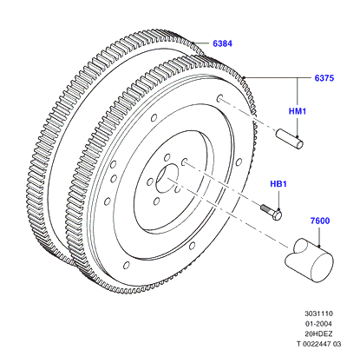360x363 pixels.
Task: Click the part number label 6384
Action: click(x=222, y=43)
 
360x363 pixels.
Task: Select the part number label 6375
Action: click(x=324, y=78)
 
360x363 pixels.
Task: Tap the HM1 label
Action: click(x=298, y=111)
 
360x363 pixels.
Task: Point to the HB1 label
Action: click(x=278, y=184)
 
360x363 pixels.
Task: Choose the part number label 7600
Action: click(x=320, y=221)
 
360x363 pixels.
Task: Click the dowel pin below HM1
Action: click(x=290, y=139)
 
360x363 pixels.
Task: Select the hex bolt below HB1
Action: click(x=272, y=212)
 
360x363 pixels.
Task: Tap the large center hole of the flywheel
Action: click(x=167, y=178)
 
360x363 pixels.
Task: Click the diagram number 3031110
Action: click(x=318, y=313)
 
